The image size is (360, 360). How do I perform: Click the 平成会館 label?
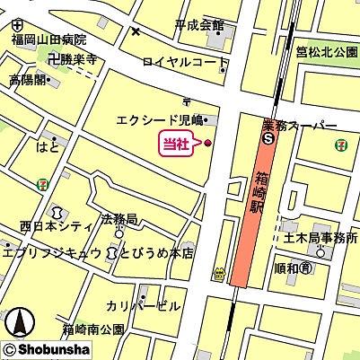[198, 24]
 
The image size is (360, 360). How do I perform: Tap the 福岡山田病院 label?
[48, 40]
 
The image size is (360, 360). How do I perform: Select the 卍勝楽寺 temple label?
[72, 61]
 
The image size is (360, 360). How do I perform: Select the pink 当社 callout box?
[175, 143]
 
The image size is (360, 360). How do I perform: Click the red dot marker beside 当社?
[208, 143]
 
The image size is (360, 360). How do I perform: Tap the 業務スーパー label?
[300, 127]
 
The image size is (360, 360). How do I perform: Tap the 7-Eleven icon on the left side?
[42, 182]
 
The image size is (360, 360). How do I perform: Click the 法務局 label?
[119, 219]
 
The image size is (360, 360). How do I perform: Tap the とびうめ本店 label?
[156, 254]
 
